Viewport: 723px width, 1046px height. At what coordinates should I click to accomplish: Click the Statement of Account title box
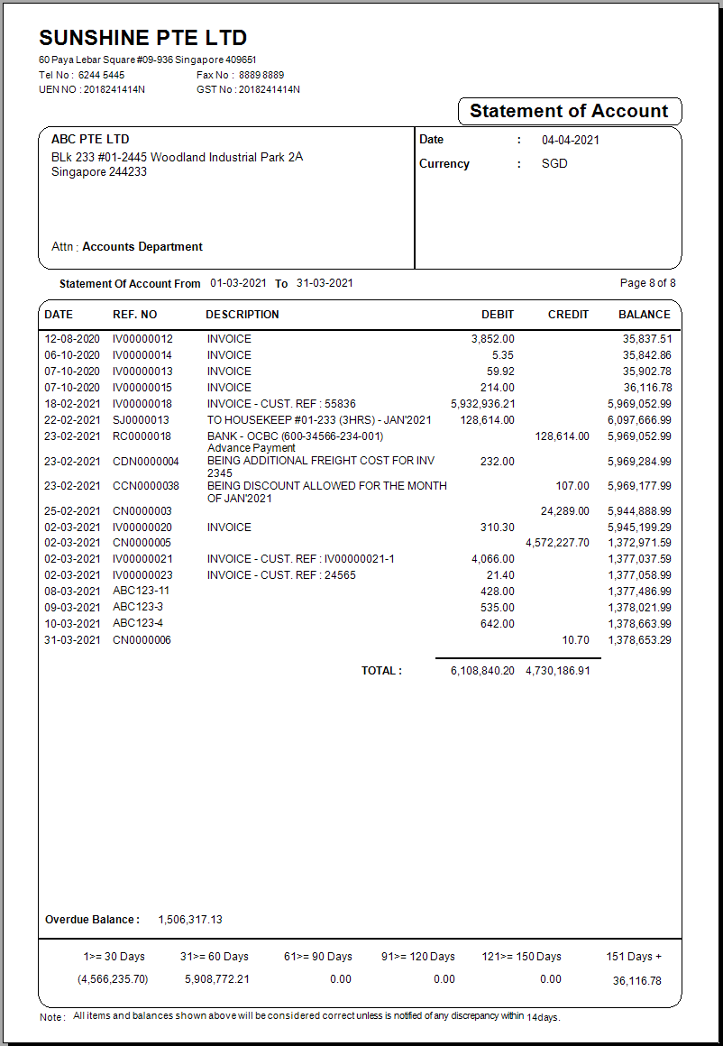[x=569, y=112]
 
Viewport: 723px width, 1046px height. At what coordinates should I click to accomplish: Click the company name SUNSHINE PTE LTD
[x=142, y=38]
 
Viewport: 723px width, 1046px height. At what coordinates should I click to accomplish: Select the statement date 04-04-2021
[x=570, y=140]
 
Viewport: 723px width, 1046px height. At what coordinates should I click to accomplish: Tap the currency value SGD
[x=554, y=164]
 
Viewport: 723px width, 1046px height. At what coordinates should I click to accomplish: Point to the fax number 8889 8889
[x=261, y=75]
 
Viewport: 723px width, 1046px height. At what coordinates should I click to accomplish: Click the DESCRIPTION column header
[x=243, y=315]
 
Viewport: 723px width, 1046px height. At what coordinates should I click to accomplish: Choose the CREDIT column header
[x=568, y=315]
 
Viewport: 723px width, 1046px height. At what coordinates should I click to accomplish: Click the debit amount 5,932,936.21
[x=482, y=404]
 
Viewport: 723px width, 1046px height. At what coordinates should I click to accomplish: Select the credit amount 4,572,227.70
[x=557, y=543]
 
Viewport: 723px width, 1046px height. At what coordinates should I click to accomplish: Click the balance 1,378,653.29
[x=639, y=640]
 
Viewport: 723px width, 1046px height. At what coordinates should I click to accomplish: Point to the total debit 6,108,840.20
[x=482, y=671]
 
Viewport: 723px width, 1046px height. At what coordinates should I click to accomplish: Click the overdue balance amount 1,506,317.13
[x=190, y=920]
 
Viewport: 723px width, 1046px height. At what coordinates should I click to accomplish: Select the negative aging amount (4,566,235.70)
[x=114, y=979]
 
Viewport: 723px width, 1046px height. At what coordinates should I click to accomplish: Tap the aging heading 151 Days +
[x=634, y=957]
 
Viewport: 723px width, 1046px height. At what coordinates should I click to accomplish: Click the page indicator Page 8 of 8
[x=647, y=283]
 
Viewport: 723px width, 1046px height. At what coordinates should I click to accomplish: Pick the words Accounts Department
[x=142, y=247]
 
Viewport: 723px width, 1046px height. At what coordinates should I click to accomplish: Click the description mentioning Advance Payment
[x=252, y=448]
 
